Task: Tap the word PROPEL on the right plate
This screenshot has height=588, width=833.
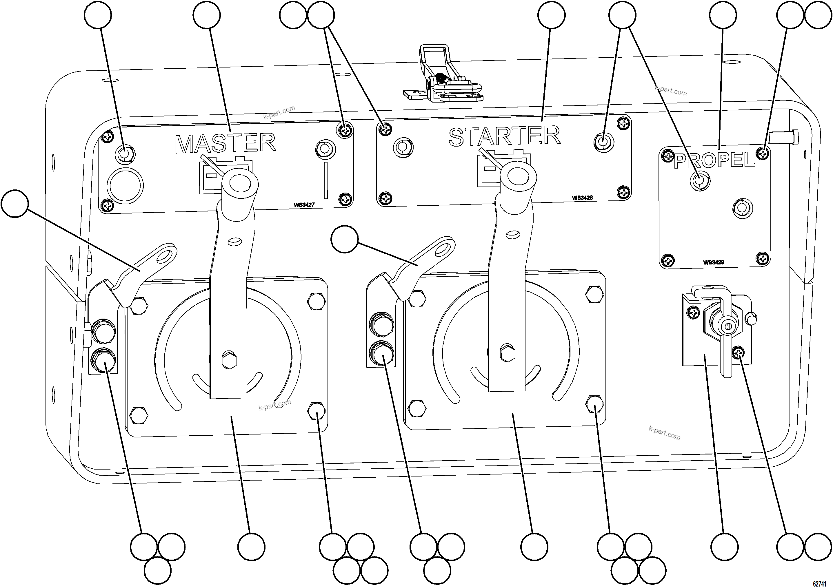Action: (x=714, y=160)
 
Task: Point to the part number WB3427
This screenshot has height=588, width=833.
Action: (x=304, y=205)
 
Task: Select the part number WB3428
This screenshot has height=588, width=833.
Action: (x=582, y=198)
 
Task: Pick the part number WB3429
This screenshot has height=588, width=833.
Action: (x=714, y=262)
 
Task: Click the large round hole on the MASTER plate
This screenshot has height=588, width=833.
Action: (x=125, y=185)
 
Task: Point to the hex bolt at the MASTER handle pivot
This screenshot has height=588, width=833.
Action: (x=229, y=360)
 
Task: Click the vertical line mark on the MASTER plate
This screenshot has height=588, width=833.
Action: (x=326, y=180)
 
